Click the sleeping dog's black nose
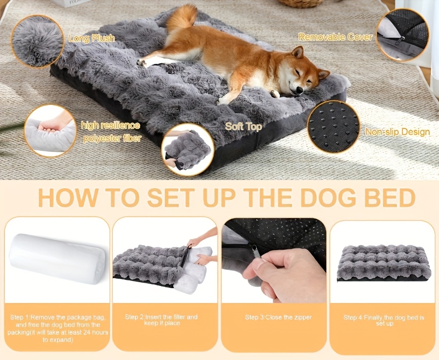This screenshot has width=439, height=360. (x=299, y=90)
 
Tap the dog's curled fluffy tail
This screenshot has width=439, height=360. (x=182, y=17)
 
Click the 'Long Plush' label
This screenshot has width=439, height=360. (x=91, y=38)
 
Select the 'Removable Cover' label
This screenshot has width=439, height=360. (x=335, y=37)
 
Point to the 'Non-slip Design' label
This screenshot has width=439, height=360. (x=397, y=132)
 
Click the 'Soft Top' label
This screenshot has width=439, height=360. (x=243, y=127)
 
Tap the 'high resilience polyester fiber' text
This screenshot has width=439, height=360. (x=111, y=132)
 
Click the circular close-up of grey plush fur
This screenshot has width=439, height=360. (x=37, y=42)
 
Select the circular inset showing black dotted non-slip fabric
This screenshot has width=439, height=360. (x=333, y=127)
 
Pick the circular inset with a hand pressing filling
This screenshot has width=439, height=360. (x=50, y=131)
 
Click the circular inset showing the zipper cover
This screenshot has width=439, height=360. (x=402, y=35)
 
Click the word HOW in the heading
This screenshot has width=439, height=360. (x=68, y=198)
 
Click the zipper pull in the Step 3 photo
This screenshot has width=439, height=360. (x=256, y=251)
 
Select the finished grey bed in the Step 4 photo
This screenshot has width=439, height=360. (x=384, y=263)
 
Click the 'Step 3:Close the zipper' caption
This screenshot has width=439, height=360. (x=278, y=317)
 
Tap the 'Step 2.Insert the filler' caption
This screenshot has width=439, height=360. (x=161, y=320)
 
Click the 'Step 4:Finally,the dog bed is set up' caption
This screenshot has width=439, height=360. (x=384, y=321)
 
